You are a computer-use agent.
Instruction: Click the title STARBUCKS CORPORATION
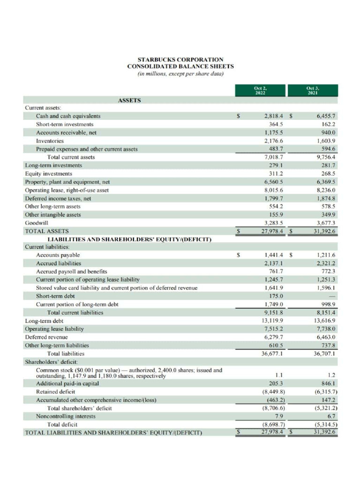coord(180,60)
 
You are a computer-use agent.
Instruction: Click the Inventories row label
coord(50,141)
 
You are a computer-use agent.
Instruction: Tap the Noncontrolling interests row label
coord(66,416)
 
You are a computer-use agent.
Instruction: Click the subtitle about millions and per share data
coord(180,74)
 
